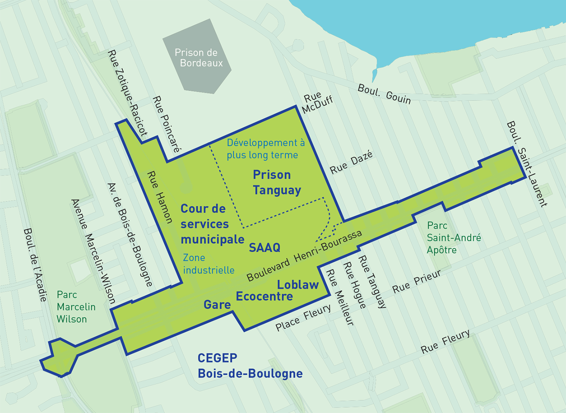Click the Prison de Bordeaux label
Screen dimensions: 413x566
pyautogui.click(x=198, y=58)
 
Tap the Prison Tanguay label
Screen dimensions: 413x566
pyautogui.click(x=277, y=183)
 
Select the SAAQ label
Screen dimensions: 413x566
pyautogui.click(x=265, y=248)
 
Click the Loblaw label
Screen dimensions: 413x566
pyautogui.click(x=298, y=285)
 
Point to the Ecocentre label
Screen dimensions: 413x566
pyautogui.click(x=264, y=297)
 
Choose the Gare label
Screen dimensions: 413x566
pyautogui.click(x=217, y=305)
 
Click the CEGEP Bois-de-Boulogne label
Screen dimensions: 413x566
pyautogui.click(x=250, y=366)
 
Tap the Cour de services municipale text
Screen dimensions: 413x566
pyautogui.click(x=212, y=224)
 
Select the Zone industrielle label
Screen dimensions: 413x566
pyautogui.click(x=208, y=264)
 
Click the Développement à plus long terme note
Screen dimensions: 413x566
pyautogui.click(x=265, y=149)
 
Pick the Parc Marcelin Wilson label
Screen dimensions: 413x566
pyautogui.click(x=75, y=307)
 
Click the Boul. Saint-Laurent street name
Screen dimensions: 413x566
pyautogui.click(x=526, y=164)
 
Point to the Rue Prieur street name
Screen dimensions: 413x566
pyautogui.click(x=417, y=282)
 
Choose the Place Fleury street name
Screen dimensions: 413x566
pyautogui.click(x=303, y=318)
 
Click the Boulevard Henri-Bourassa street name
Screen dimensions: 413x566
pyautogui.click(x=304, y=256)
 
